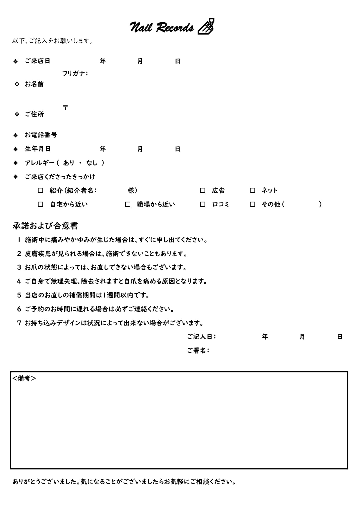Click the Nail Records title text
coord(161,28)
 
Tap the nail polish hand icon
coord(206,26)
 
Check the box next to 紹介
coord(41,191)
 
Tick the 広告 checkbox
coord(202,191)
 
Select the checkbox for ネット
coord(252,191)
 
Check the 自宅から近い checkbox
coord(41,204)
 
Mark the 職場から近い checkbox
coord(128,204)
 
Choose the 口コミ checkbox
coord(202,204)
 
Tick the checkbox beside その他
coord(252,204)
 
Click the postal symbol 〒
coord(66,107)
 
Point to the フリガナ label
coord(75,73)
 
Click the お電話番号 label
coord(41,135)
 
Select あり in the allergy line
coord(69,163)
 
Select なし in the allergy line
coord(92,163)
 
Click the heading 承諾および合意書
coord(45,226)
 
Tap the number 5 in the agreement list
coord(19,295)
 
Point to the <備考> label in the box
coord(24,378)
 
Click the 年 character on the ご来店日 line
coord(103,61)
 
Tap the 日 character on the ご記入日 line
coord(340,337)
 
